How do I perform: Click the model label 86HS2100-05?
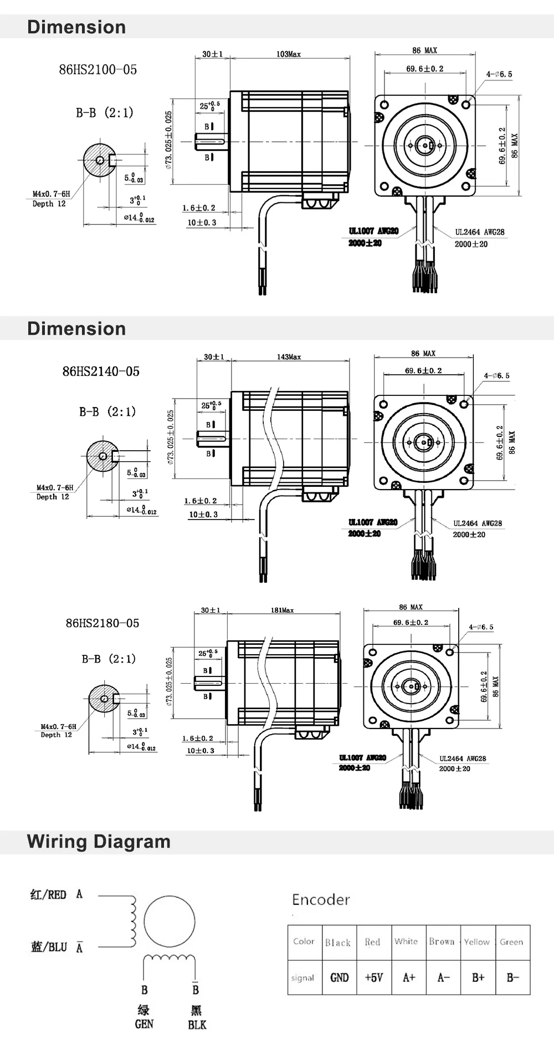98,70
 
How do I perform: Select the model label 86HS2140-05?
101,371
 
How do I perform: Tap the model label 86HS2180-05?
102,623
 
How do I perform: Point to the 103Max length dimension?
288,54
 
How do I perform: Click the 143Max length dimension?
289,357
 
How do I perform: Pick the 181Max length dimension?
282,610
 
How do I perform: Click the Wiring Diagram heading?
99,842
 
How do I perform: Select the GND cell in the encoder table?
339,977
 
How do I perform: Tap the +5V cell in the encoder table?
374,977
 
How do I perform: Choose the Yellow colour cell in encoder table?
476,942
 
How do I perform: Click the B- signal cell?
512,977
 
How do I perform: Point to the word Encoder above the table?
321,899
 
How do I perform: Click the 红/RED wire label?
48,894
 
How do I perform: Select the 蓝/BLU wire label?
49,947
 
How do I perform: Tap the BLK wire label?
197,1025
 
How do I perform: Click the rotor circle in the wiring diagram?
170,921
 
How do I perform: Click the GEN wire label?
144,1024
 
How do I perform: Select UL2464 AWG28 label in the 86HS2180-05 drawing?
463,758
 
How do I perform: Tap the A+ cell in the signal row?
409,977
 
